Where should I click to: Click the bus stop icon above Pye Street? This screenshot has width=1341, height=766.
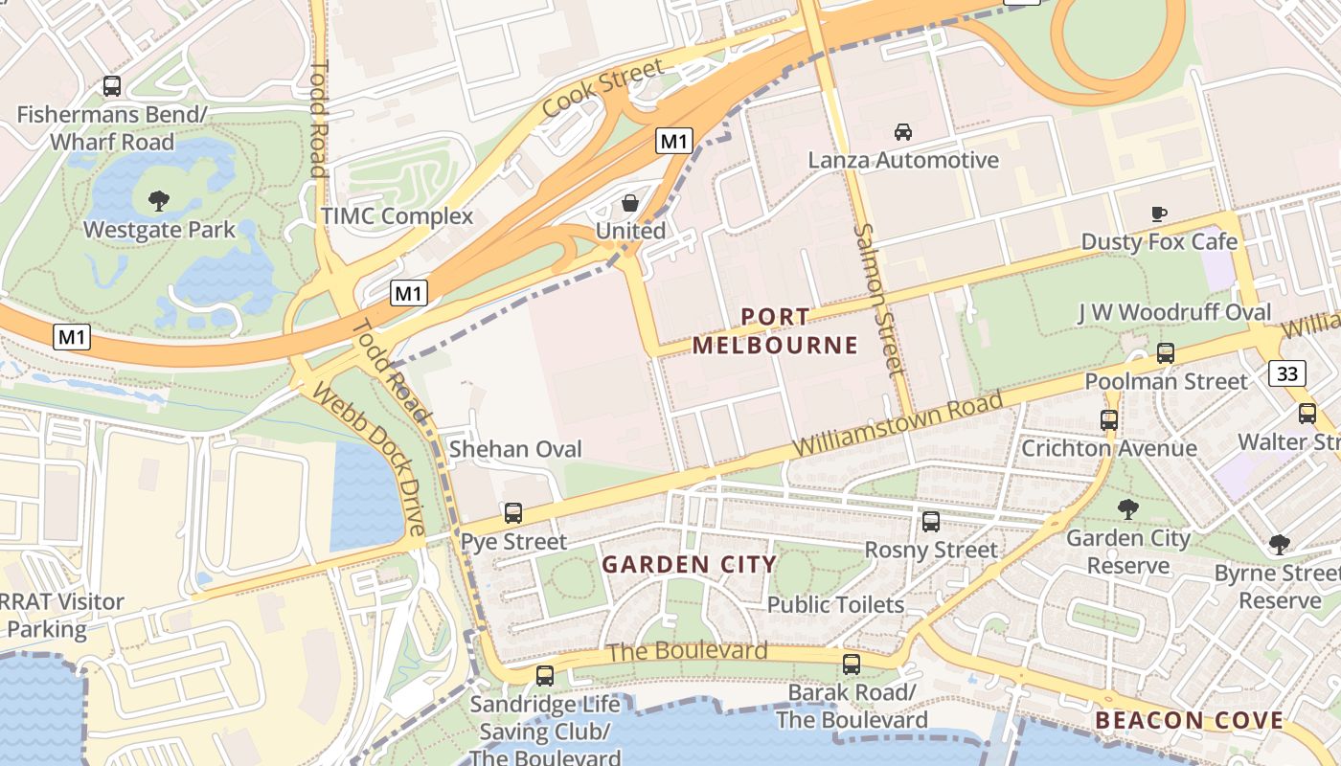pos(513,513)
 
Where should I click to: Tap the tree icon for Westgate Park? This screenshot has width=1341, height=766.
pos(159,201)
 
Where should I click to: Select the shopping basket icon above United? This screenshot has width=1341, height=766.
pos(630,203)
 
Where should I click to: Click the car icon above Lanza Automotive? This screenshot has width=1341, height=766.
pos(902,132)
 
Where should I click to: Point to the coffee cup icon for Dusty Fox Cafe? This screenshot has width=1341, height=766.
pos(1159,214)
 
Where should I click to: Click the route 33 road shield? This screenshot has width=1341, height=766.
pos(1287,372)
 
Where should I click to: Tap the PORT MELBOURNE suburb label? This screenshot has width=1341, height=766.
pos(775,330)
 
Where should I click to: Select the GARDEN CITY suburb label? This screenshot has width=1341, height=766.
pos(689,564)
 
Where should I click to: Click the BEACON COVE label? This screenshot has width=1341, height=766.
pos(1189,720)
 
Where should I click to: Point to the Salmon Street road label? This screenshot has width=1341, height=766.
pos(879,299)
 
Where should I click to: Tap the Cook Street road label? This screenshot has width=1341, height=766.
pos(602,88)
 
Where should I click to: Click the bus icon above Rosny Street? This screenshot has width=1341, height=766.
pos(930,522)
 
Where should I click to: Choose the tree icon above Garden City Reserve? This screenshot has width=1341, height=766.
pos(1128,509)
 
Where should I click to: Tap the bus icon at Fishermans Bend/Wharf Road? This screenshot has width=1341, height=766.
pos(112,86)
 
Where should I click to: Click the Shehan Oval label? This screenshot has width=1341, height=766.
pos(515,449)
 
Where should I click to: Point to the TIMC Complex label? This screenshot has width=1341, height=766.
pos(397,215)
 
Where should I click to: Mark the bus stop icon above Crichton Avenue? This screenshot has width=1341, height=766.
pos(1109,419)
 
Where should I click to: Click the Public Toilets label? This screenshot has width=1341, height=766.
pos(835,605)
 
